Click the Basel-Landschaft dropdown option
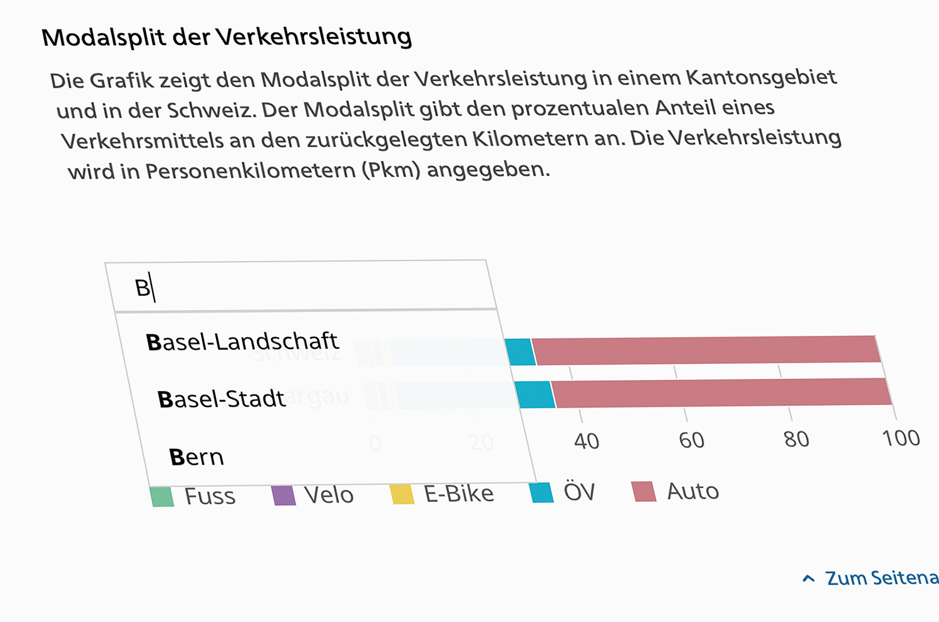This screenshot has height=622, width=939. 242,341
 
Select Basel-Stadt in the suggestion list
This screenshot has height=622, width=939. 222,399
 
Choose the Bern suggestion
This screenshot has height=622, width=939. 197,457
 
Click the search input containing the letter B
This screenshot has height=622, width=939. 300,287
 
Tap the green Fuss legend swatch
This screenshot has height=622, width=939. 162,497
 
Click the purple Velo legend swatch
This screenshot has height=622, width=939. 284,495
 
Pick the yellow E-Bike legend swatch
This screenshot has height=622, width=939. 403,494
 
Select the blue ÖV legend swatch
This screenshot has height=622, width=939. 541,492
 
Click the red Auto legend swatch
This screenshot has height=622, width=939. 644,492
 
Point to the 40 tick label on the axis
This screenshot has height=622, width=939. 587,442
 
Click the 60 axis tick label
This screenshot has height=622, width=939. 692,440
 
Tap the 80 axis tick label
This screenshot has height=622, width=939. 796,439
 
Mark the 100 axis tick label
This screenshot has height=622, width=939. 901,438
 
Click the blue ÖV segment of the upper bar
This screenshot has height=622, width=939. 520,351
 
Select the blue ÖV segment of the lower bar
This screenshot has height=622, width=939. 536,395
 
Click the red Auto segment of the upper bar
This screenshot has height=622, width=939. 706,350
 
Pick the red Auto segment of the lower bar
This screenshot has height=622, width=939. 722,393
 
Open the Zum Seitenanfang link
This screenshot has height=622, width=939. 880,578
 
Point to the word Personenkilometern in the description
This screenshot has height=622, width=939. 250,171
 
